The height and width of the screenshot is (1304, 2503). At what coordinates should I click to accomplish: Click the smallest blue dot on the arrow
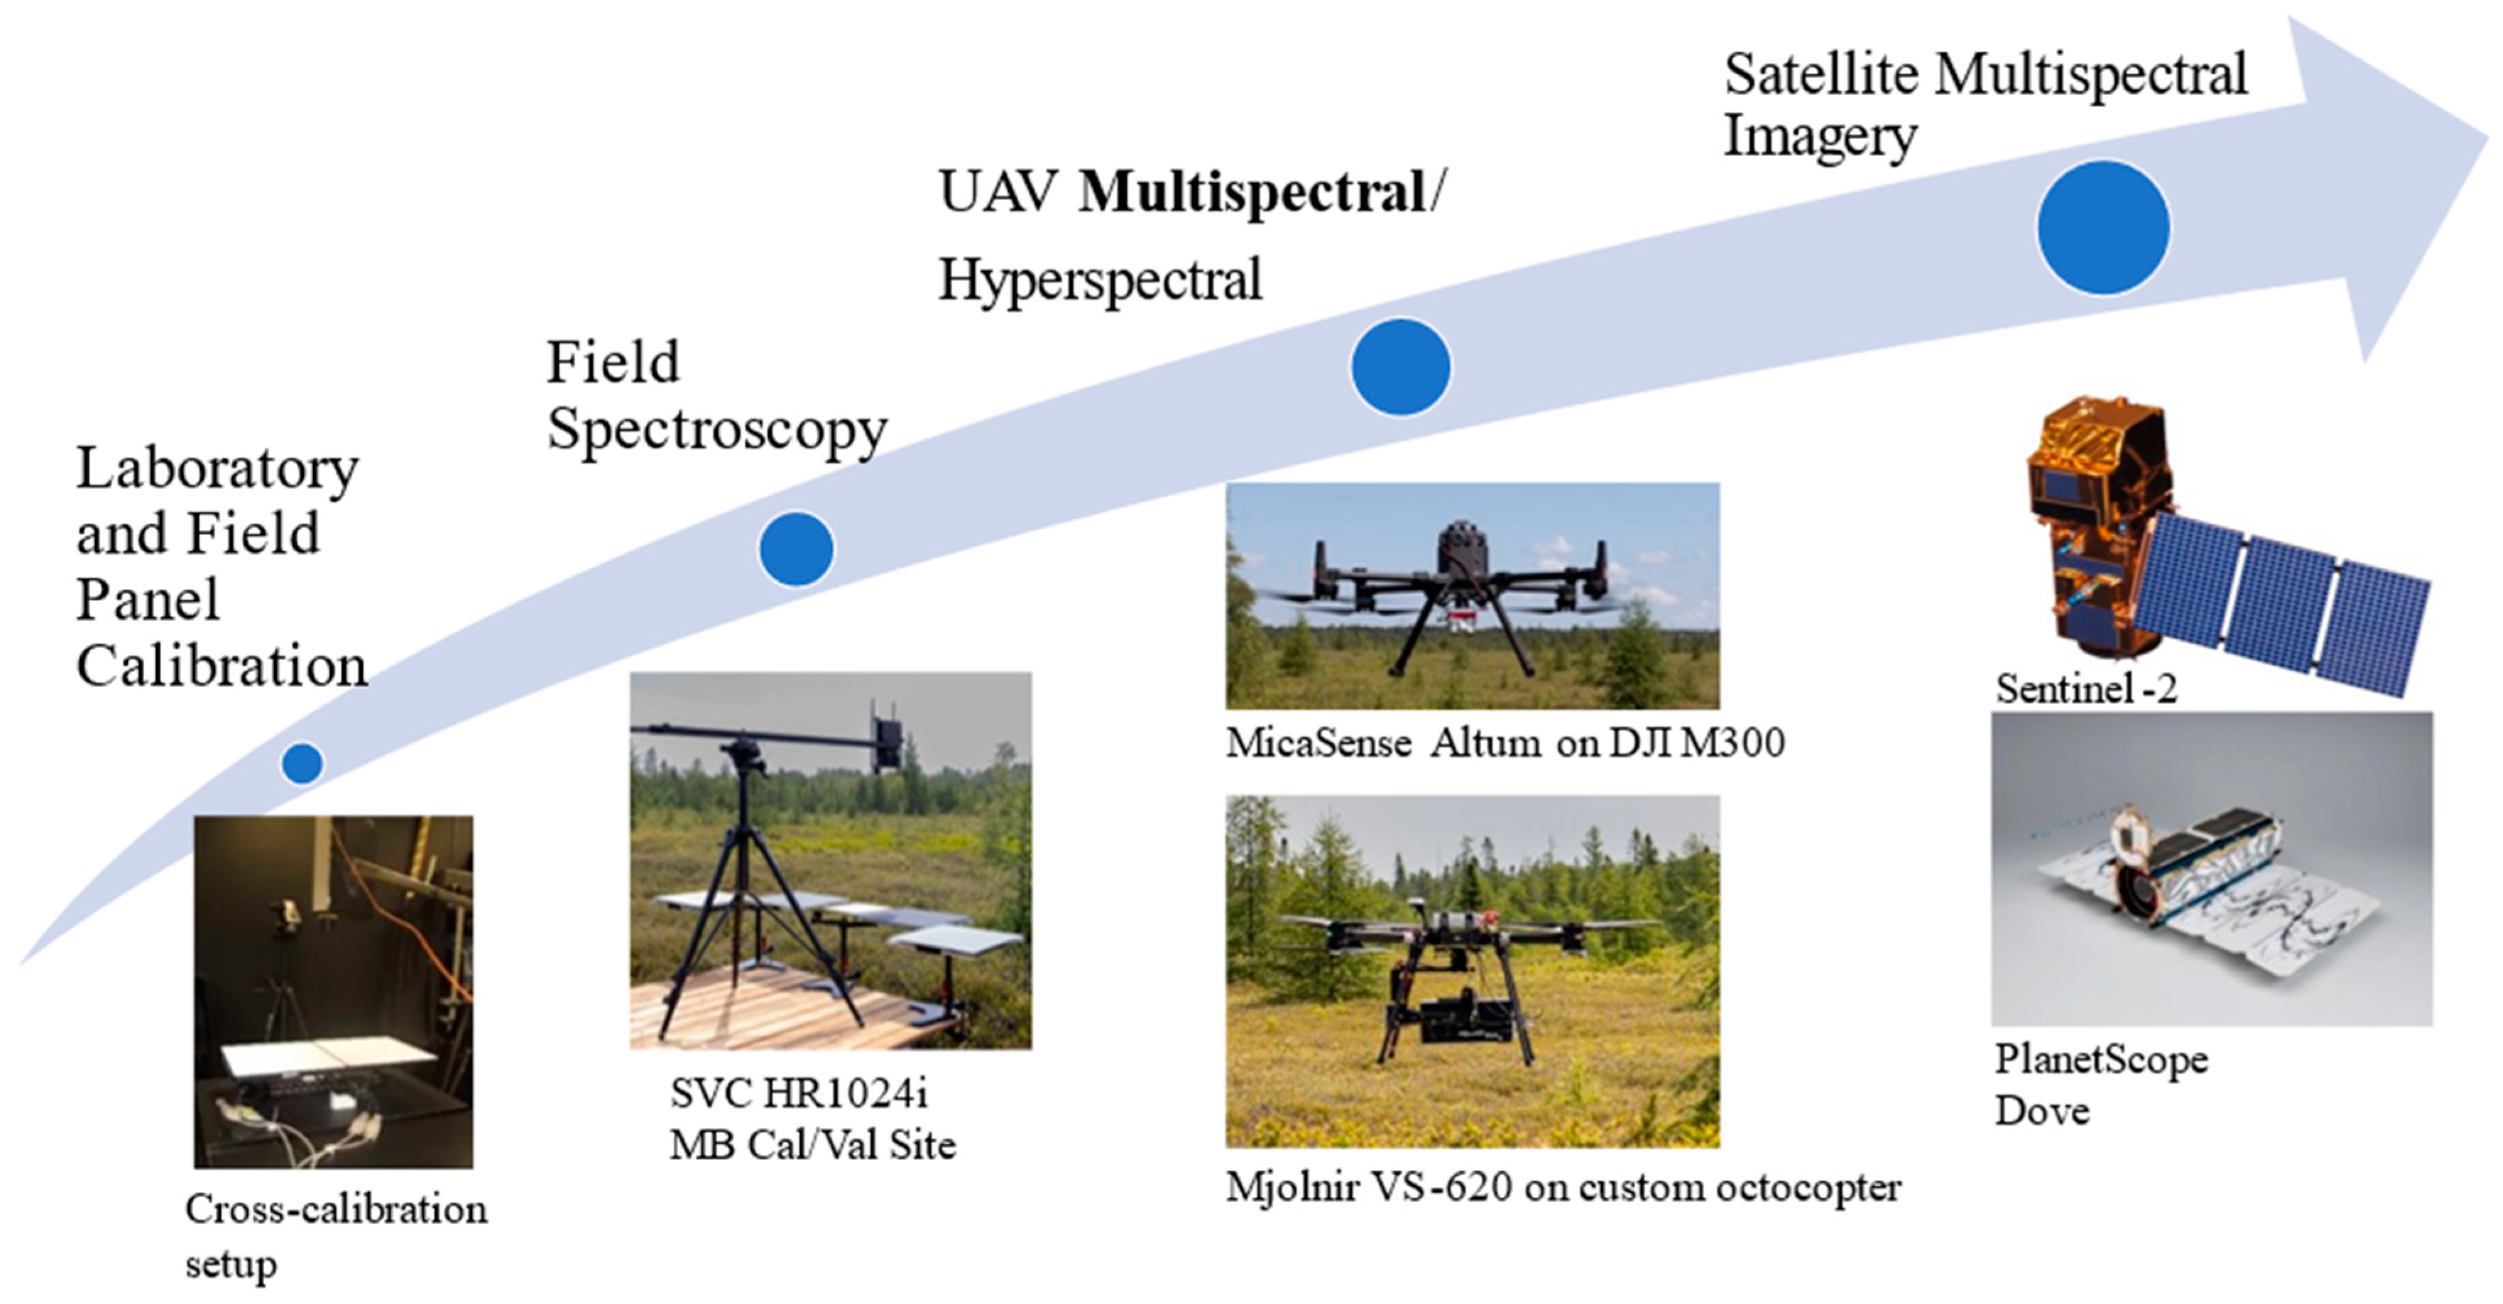(x=302, y=764)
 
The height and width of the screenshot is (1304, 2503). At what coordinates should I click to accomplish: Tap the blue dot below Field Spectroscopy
(x=796, y=549)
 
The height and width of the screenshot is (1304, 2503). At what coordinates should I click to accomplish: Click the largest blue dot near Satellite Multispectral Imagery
(x=2103, y=227)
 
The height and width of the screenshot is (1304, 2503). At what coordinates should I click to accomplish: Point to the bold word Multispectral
(x=1251, y=192)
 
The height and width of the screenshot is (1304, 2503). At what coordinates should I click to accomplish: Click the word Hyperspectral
(x=1100, y=280)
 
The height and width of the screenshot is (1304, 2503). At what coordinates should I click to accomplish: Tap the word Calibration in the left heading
(x=222, y=667)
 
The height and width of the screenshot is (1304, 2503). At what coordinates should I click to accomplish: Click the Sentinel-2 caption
(x=2086, y=689)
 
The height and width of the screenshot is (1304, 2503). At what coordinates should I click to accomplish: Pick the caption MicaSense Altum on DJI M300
(x=1504, y=743)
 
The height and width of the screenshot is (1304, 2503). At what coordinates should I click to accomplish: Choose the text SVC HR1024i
(x=799, y=1094)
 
